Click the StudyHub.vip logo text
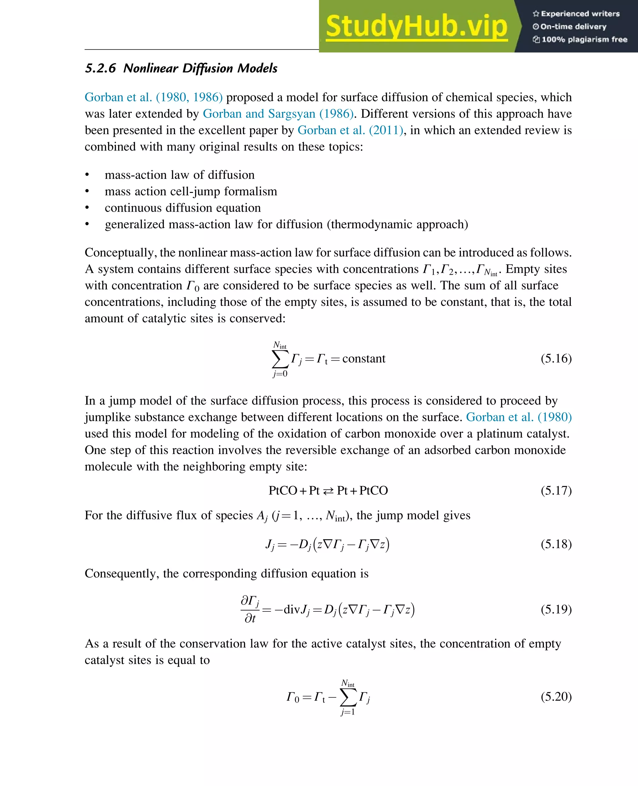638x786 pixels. tap(417, 26)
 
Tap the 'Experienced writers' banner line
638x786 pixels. tap(576, 14)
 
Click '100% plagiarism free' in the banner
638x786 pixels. tap(580, 39)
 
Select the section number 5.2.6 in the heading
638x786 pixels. tap(100, 68)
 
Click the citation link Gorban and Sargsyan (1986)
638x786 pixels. tap(278, 114)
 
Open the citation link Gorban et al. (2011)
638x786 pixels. tap(350, 130)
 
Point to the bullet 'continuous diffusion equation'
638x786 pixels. tap(183, 208)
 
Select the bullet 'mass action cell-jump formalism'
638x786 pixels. tap(191, 191)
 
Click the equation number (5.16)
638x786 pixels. tap(556, 358)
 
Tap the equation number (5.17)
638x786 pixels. tap(556, 490)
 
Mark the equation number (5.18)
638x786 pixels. tap(556, 544)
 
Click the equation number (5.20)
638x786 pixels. tap(556, 696)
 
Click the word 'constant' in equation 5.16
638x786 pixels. tap(364, 359)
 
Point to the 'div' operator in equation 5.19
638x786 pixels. tap(292, 610)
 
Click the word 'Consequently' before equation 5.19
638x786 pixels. tap(121, 573)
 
